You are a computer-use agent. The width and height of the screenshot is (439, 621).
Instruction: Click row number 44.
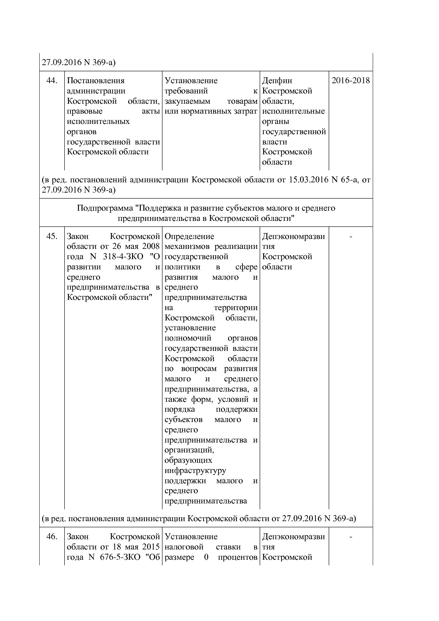coord(52,81)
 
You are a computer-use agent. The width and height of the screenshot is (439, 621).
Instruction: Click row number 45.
coord(52,236)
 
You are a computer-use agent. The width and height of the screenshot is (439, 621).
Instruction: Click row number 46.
coord(52,536)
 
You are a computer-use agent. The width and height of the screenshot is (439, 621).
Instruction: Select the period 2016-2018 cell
coord(350,80)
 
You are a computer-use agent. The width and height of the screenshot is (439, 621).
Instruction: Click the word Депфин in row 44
coord(277,81)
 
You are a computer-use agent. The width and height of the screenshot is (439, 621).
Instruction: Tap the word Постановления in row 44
coord(96,81)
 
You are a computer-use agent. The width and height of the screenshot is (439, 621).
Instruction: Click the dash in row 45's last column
coord(350,237)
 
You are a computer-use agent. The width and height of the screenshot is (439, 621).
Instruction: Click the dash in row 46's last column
coord(350,537)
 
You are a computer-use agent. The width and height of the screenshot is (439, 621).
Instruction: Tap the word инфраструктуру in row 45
coord(195,471)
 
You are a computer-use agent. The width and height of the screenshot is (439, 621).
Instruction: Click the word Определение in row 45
coord(189,236)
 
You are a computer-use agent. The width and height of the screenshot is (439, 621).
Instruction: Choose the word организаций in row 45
coord(189,450)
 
